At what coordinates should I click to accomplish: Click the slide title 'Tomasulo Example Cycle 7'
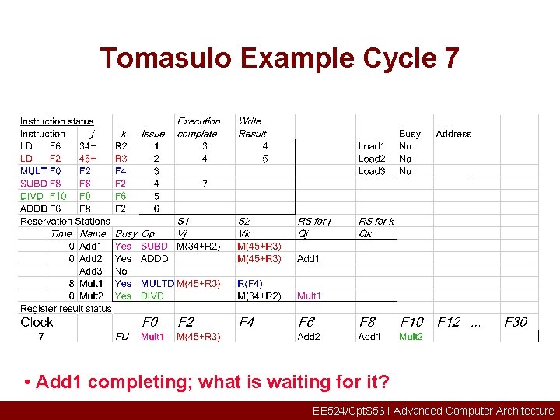click(x=279, y=58)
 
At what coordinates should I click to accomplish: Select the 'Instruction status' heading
click(x=57, y=121)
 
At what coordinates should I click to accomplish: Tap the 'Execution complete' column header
click(x=198, y=127)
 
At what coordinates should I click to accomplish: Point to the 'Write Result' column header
click(x=252, y=127)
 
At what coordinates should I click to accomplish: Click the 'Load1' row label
click(x=372, y=146)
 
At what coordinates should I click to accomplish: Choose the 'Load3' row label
click(x=372, y=171)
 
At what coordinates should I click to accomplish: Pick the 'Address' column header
click(x=453, y=134)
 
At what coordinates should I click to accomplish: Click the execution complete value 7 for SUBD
click(x=205, y=184)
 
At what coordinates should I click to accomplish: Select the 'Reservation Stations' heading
click(x=65, y=222)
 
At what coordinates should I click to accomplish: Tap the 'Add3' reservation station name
click(x=91, y=271)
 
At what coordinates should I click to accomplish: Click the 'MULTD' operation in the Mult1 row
click(x=157, y=284)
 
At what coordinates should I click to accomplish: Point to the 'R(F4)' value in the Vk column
click(x=250, y=284)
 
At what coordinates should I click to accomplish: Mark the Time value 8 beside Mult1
click(x=71, y=284)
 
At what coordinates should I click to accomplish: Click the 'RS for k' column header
click(x=376, y=222)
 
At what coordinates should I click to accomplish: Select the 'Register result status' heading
click(x=66, y=309)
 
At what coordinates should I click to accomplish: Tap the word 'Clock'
click(x=37, y=322)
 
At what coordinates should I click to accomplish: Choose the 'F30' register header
click(x=516, y=322)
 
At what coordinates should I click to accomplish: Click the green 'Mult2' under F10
click(x=411, y=337)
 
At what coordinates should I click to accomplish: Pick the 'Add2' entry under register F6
click(x=309, y=337)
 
